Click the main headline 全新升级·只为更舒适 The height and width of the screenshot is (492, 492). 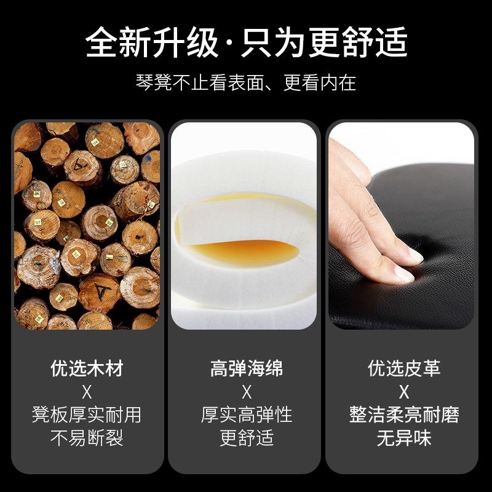pos(246,43)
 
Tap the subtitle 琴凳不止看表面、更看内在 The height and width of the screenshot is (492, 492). pos(246,82)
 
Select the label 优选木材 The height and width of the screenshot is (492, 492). pos(87,368)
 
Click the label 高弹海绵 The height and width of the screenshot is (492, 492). pos(247,368)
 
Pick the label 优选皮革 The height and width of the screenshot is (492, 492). pos(404,368)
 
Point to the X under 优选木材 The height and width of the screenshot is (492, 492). pos(87,392)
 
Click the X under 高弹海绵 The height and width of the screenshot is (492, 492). pos(247,392)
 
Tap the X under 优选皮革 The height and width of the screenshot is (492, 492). pos(404,392)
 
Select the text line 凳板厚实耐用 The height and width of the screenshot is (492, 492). pos(87,415)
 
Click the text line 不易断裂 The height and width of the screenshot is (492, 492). pos(87,438)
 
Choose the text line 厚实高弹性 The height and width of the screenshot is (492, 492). pos(247,415)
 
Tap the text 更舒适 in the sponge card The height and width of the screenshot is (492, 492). pos(247,438)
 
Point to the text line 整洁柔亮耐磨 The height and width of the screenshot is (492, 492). pos(404,415)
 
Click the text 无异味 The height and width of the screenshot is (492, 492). pos(404,438)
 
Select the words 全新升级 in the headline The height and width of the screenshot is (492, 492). pos(151,43)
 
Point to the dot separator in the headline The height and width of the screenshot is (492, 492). pos(230,44)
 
